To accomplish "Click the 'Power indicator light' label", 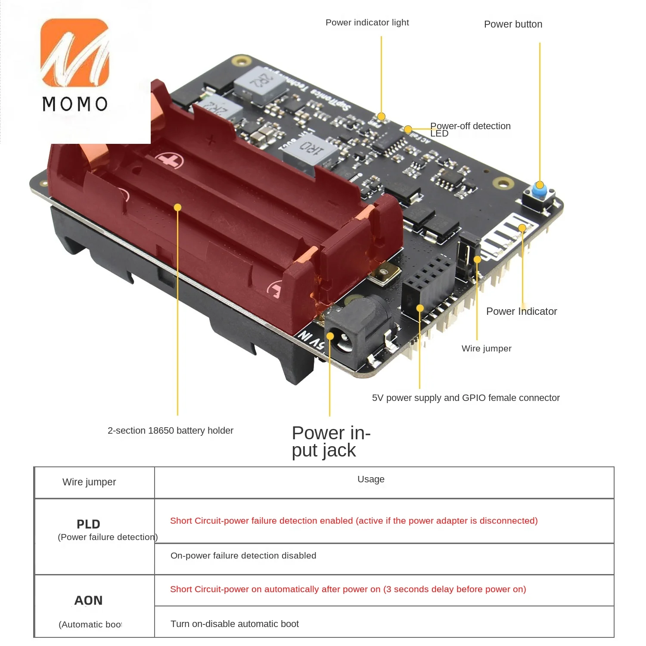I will pyautogui.click(x=367, y=22).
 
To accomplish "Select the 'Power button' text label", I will pyautogui.click(x=513, y=24).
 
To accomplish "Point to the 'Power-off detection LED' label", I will pyautogui.click(x=470, y=129).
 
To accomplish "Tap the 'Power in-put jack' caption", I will pyautogui.click(x=331, y=441).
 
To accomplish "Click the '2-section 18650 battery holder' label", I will pyautogui.click(x=170, y=431).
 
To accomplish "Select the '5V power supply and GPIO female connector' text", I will pyautogui.click(x=466, y=398).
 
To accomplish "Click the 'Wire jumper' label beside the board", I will pyautogui.click(x=486, y=348).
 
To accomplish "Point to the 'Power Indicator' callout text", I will pyautogui.click(x=521, y=311).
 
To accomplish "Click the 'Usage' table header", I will pyautogui.click(x=371, y=479).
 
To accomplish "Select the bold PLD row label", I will pyautogui.click(x=88, y=524).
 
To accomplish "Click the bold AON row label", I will pyautogui.click(x=88, y=600).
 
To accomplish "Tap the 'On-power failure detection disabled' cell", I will pyautogui.click(x=243, y=556).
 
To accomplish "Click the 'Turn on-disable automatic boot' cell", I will pyautogui.click(x=235, y=624).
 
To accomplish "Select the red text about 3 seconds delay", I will pyautogui.click(x=348, y=589).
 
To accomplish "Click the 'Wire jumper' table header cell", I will pyautogui.click(x=89, y=482).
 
